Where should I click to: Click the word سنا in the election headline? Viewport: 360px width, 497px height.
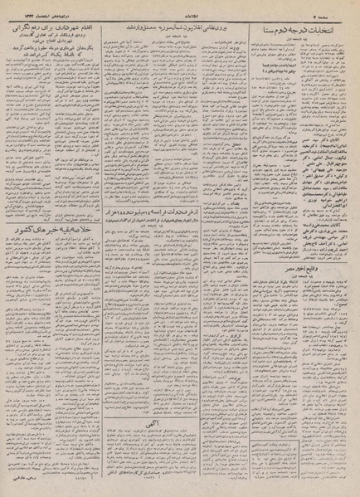(x=286, y=25)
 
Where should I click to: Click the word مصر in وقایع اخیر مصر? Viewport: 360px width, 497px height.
(x=285, y=271)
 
